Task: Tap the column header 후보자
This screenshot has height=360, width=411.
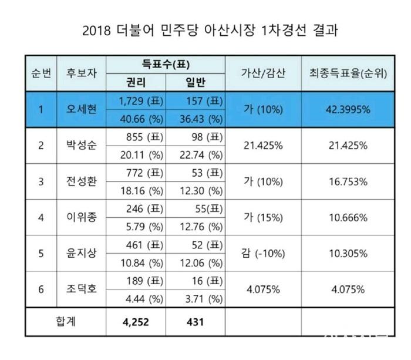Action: [82, 73]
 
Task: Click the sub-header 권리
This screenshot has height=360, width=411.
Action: [136, 83]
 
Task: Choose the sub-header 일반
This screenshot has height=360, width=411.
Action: [195, 83]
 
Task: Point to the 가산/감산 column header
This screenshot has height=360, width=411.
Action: [263, 73]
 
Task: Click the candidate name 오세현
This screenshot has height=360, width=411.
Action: [82, 110]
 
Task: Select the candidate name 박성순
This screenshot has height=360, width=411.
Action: [82, 146]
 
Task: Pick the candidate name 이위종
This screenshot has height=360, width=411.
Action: [82, 217]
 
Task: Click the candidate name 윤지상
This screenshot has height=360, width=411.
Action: [82, 253]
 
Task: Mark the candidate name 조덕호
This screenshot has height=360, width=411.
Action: [82, 289]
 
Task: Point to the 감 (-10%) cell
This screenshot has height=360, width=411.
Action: [263, 253]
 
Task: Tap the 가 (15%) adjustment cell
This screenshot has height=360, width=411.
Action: [263, 217]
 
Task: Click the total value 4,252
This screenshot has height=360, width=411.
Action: [136, 321]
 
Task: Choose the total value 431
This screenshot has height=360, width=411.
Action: [195, 321]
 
